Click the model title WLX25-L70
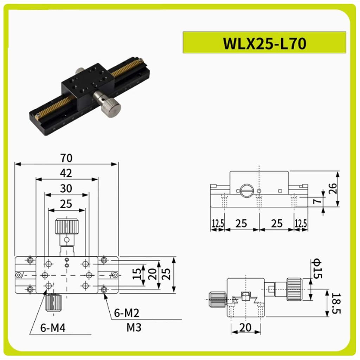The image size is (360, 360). [x=264, y=43]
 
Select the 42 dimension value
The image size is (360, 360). [x=66, y=173]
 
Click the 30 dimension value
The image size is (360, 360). [x=66, y=188]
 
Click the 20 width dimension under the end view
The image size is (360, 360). [x=246, y=327]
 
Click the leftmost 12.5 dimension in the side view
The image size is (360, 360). [x=218, y=223]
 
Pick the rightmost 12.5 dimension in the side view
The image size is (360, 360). [x=301, y=223]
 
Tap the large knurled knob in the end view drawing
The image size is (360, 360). [x=294, y=289]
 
